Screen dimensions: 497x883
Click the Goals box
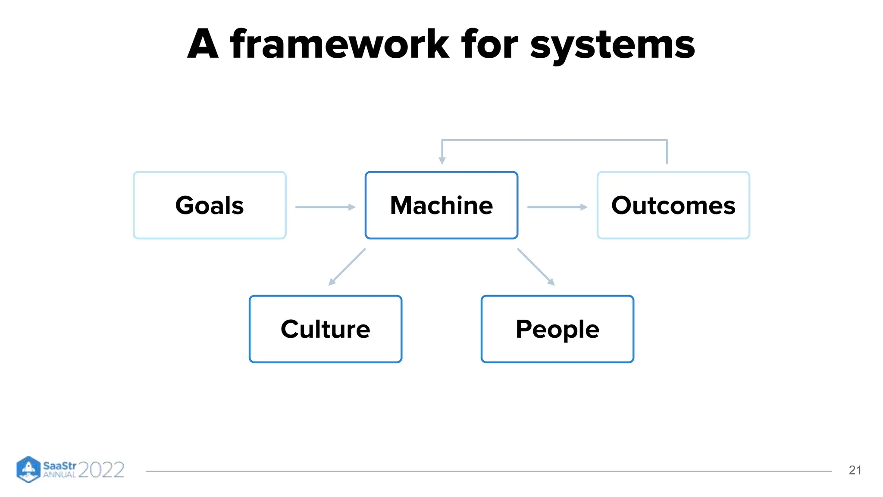pos(210,205)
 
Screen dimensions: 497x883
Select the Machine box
pos(441,205)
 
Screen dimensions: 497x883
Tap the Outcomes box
pos(673,205)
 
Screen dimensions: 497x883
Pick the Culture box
pos(325,329)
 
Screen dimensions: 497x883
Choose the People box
pos(557,329)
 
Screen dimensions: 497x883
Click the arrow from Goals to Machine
pos(325,207)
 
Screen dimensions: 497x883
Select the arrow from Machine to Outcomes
pos(557,207)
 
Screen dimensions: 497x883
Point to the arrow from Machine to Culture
pos(347,267)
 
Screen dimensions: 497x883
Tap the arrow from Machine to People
pos(535,267)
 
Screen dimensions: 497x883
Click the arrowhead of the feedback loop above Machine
pos(442,160)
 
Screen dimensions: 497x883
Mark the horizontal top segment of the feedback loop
pos(554,140)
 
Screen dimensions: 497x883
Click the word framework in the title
pos(340,44)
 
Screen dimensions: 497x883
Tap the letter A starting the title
pos(203,44)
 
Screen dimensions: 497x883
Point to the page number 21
pos(855,470)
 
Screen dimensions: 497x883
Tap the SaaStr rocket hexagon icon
pos(28,469)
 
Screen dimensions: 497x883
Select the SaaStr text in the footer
pos(59,466)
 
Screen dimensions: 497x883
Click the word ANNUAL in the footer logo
pos(59,475)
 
